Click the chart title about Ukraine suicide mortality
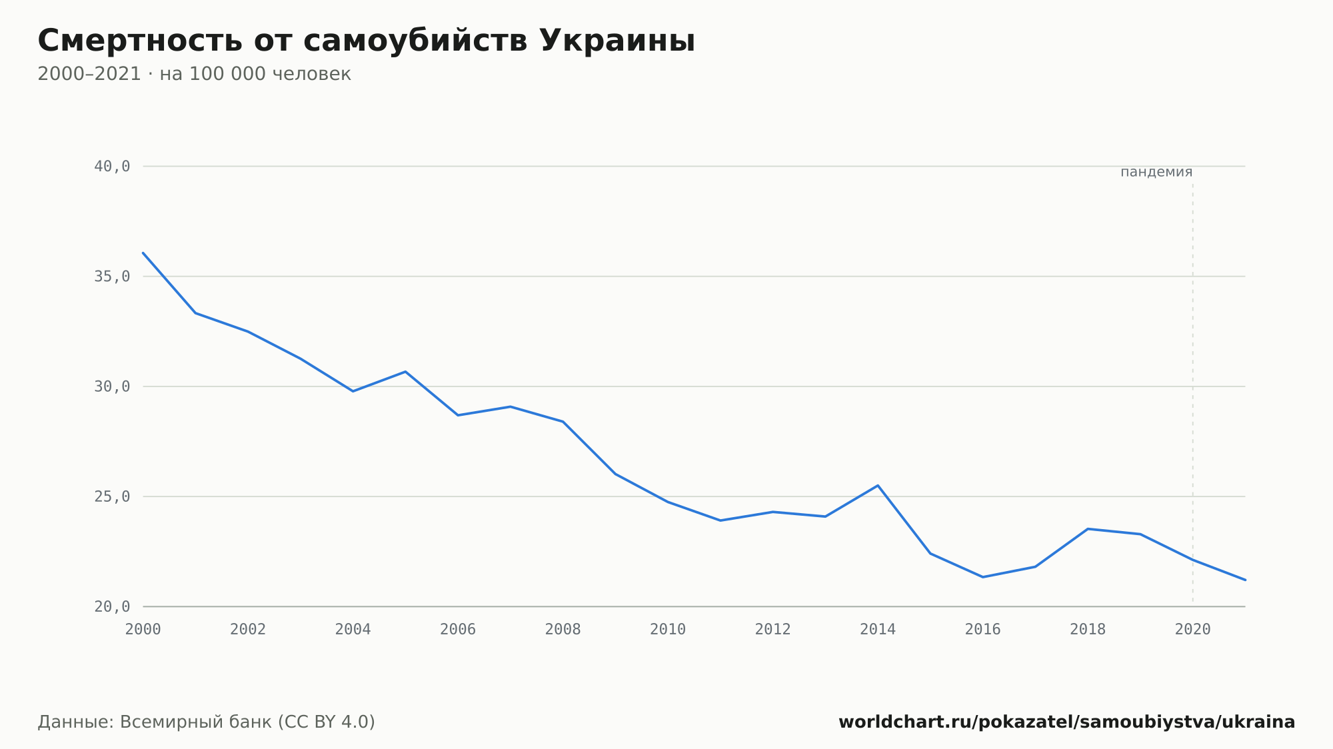(366, 41)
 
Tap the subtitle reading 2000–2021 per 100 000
(194, 74)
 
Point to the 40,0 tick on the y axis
(112, 167)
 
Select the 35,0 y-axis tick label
(112, 277)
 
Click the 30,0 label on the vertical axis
(112, 386)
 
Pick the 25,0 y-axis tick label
(112, 496)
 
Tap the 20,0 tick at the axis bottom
(112, 606)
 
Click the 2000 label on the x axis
(143, 630)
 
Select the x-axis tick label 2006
(458, 630)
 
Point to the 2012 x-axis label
(773, 630)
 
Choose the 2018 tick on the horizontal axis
(1088, 630)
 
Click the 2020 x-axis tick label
(1193, 630)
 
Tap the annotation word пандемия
(1156, 172)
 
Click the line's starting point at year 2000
(143, 253)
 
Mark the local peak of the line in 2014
(878, 485)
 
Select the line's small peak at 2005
(405, 371)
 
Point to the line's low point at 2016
(983, 577)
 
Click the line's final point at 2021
(1245, 580)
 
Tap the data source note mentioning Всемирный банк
(207, 722)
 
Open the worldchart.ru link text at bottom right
(1067, 722)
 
